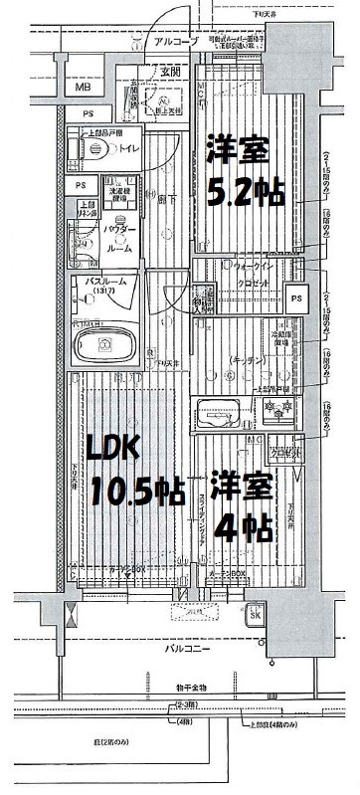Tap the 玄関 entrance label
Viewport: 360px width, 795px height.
[170, 72]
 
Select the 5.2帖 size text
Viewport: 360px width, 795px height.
[243, 192]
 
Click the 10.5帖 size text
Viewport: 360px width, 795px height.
[137, 490]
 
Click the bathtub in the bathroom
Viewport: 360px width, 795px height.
[106, 345]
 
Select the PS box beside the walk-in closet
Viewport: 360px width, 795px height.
[295, 297]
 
